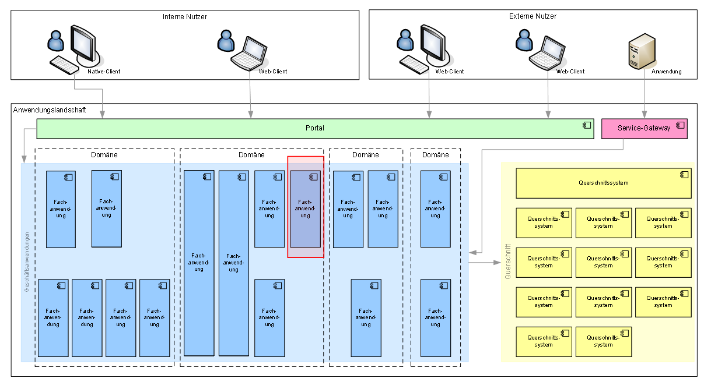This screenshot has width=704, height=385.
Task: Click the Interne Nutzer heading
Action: point(184,17)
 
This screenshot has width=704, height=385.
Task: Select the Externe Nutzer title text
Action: point(533,16)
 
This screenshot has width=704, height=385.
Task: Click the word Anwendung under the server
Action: point(666,72)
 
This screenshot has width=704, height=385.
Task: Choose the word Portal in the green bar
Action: point(315,128)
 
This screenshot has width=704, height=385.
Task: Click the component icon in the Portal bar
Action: point(586,125)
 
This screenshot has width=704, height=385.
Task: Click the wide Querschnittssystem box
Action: point(603,183)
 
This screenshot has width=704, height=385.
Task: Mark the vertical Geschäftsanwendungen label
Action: point(27,262)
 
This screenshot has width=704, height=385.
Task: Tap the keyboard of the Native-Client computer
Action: point(64,65)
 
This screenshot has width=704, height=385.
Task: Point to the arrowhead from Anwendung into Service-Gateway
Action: point(645,115)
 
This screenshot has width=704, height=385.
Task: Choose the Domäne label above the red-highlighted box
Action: point(251,155)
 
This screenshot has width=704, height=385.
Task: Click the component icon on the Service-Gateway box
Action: point(680,125)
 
